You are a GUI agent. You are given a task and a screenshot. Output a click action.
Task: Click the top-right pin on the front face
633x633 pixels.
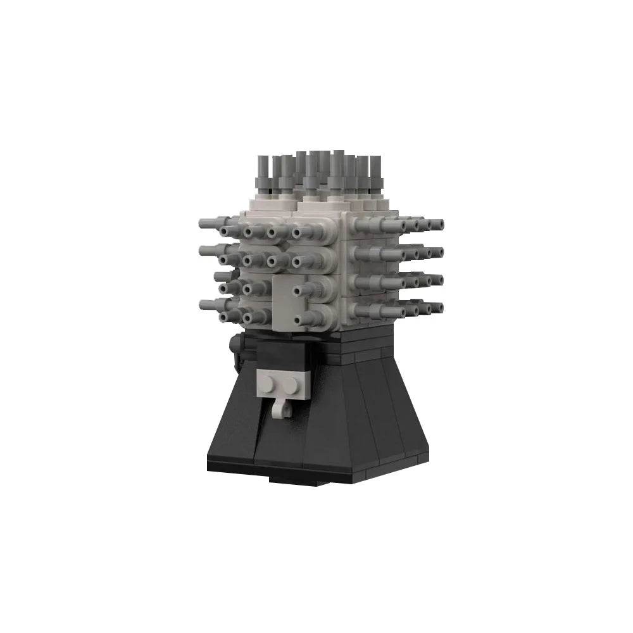(x=303, y=232)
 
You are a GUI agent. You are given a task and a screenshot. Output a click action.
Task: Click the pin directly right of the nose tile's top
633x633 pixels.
(x=303, y=289)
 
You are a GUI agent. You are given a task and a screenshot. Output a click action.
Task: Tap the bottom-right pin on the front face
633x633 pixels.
(x=303, y=315)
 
